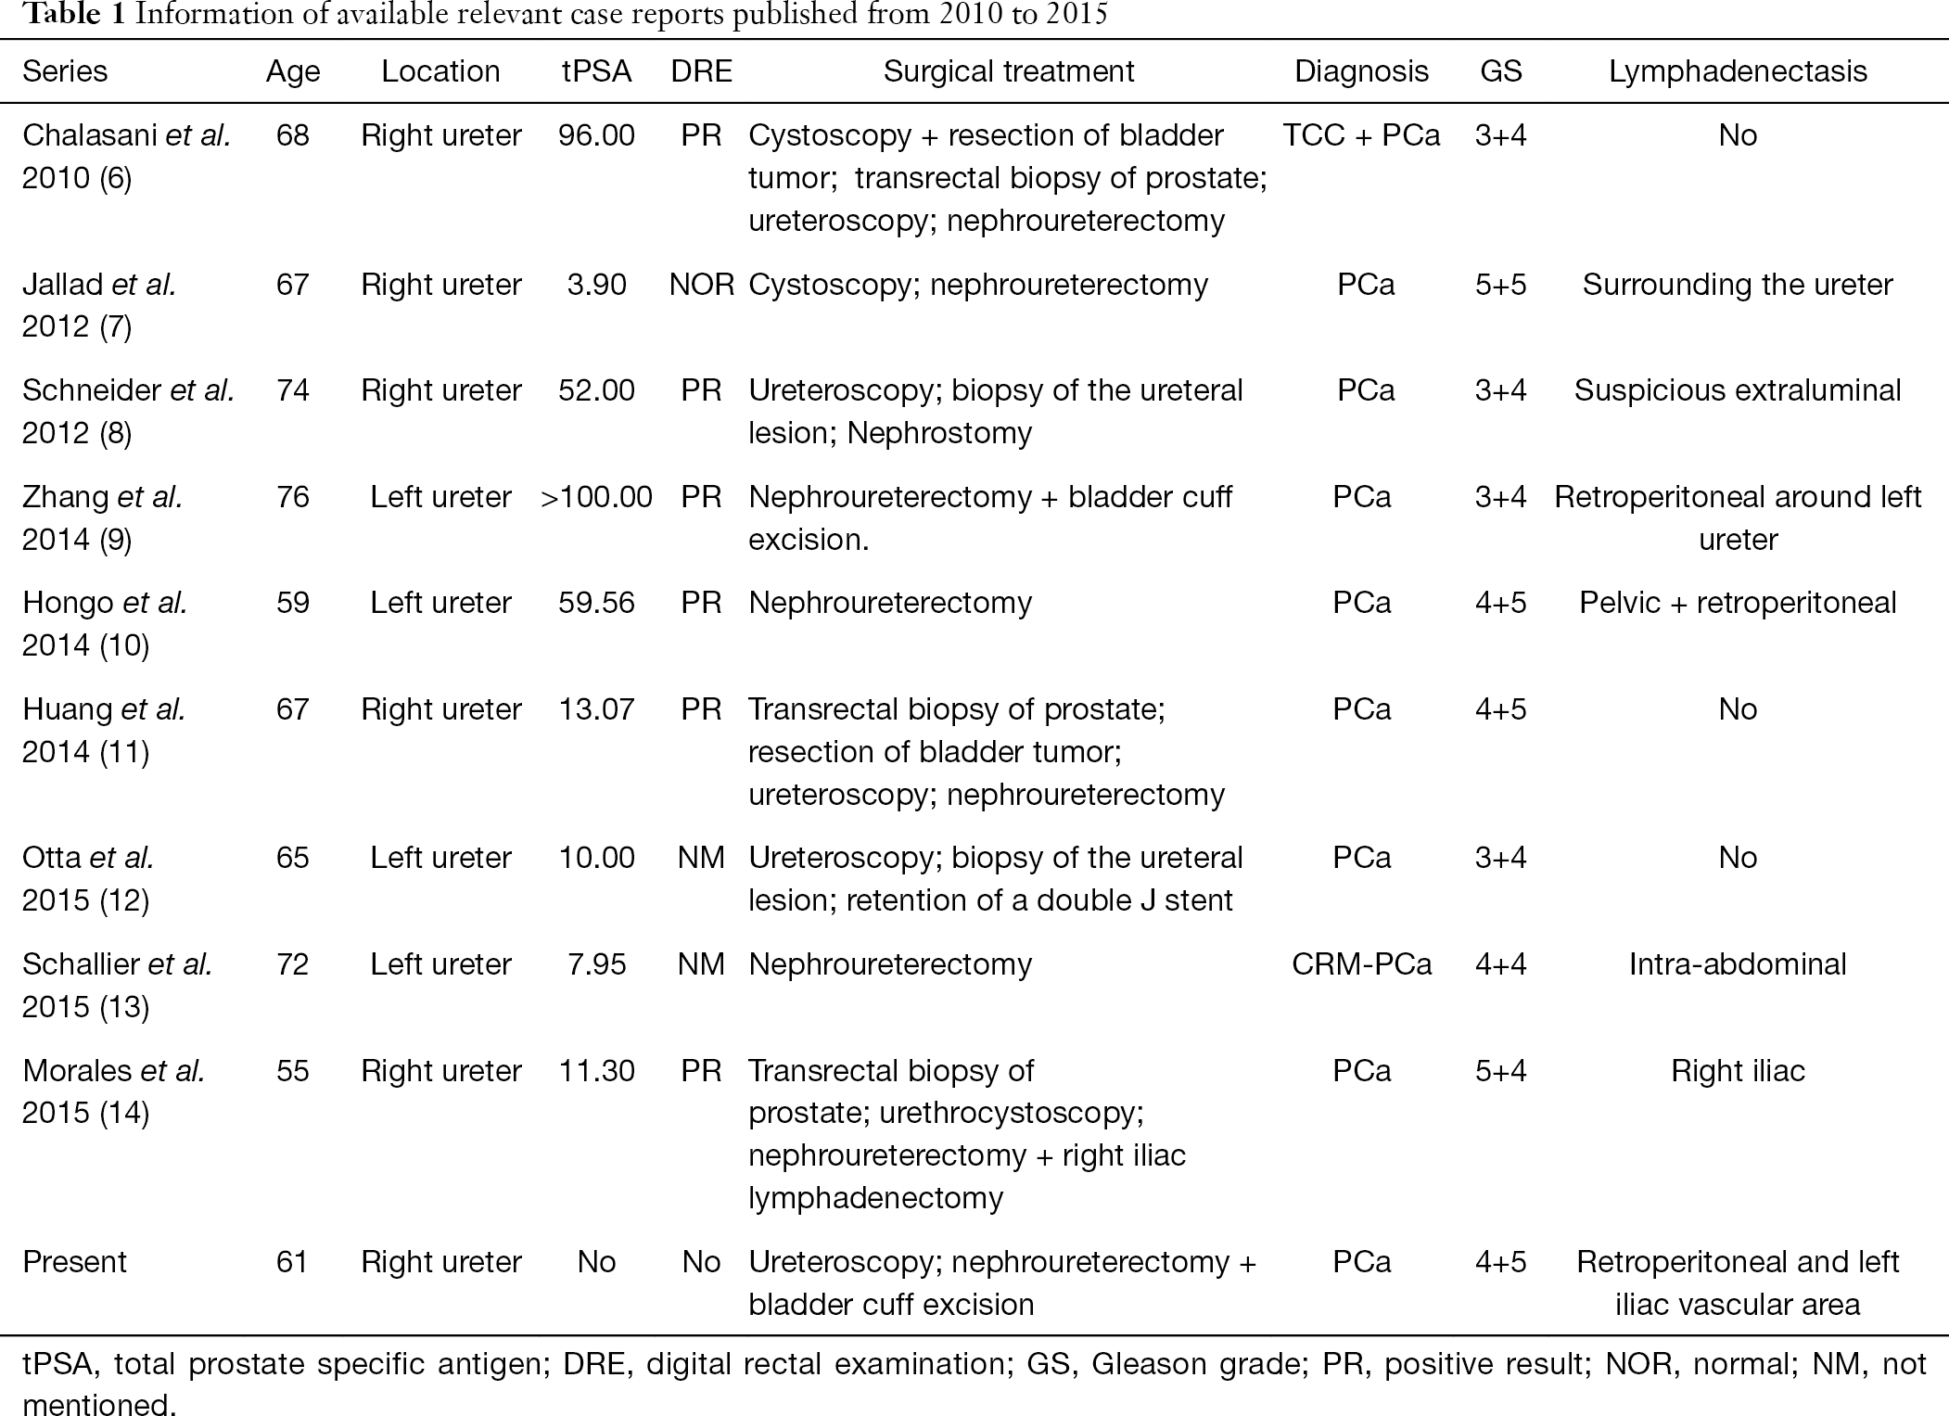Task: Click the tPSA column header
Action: [x=596, y=71]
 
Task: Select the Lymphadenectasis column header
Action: [x=1738, y=71]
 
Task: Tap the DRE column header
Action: [x=701, y=71]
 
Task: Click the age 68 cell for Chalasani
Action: [x=293, y=135]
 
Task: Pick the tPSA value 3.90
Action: [x=596, y=284]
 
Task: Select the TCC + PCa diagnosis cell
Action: [x=1361, y=135]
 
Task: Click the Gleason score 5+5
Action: [x=1500, y=284]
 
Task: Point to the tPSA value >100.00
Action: [x=596, y=497]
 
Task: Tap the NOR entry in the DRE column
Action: [x=701, y=284]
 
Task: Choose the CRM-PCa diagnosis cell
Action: [x=1361, y=964]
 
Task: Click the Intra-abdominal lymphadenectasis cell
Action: [x=1738, y=964]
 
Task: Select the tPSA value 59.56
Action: [x=596, y=603]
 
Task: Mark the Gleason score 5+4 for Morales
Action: [x=1500, y=1071]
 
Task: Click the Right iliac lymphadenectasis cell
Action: [x=1738, y=1071]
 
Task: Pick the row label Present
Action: [x=74, y=1262]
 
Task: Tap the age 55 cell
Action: [x=293, y=1071]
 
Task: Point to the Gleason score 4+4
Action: [x=1500, y=964]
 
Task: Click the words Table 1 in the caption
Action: [x=73, y=16]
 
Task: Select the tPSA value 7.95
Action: [x=596, y=964]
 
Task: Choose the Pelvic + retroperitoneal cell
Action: [x=1738, y=603]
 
